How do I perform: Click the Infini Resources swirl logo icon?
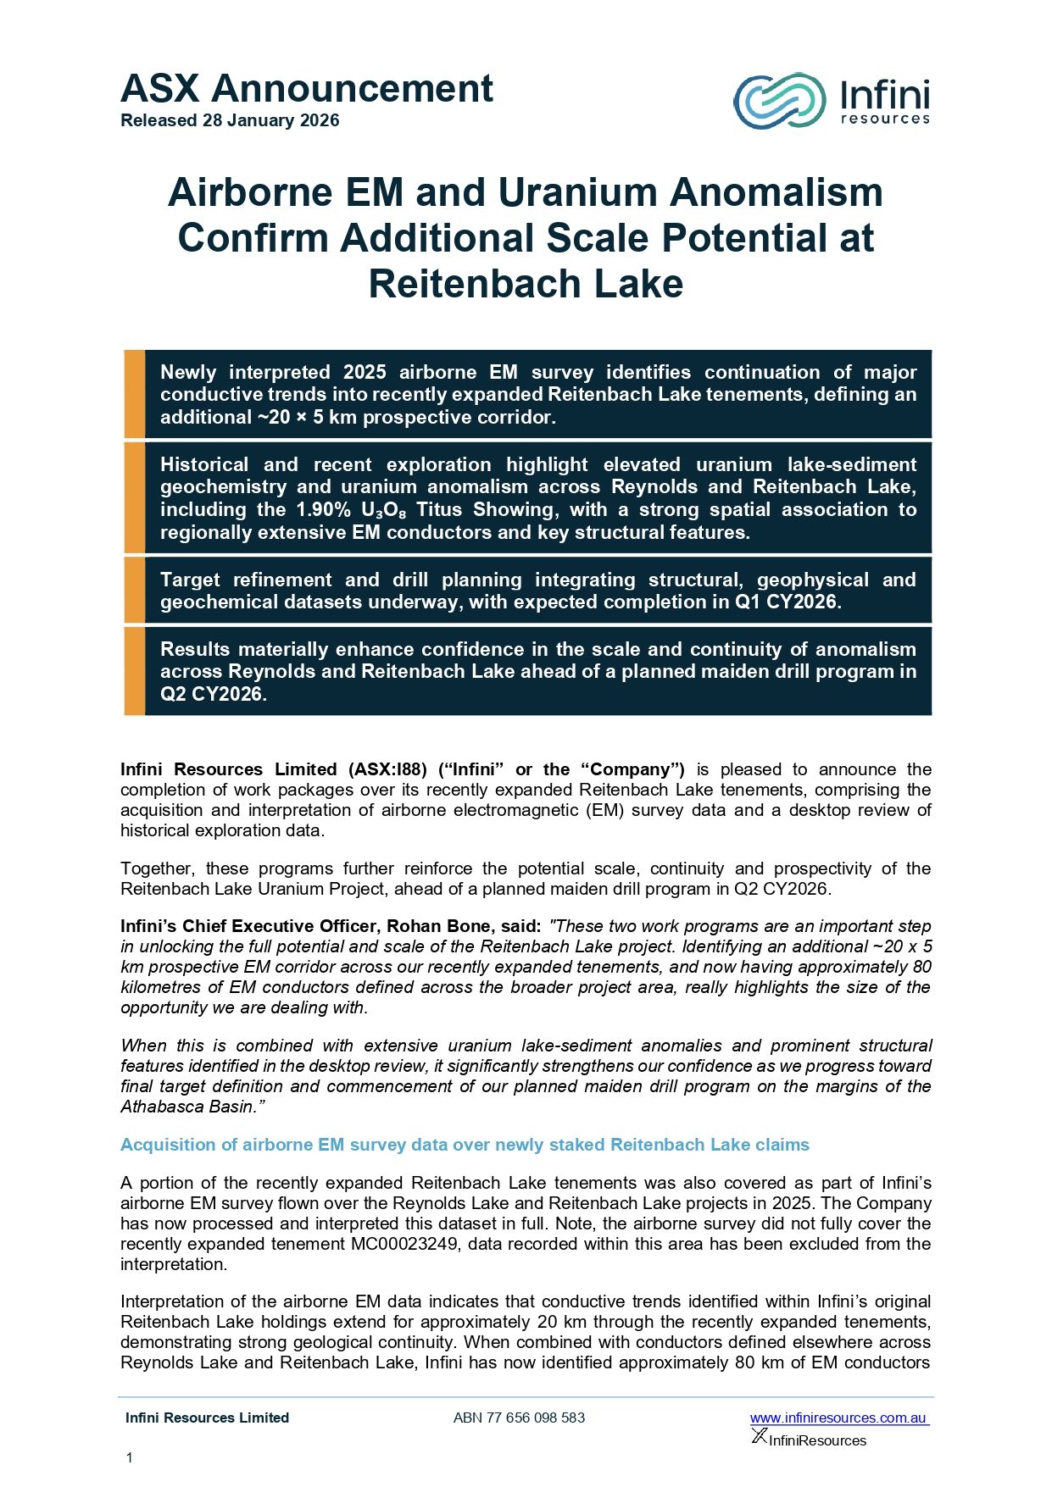tap(778, 101)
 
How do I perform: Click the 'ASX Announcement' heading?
tap(307, 88)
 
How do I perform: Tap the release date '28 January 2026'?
tap(270, 120)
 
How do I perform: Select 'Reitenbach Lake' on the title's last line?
tap(526, 283)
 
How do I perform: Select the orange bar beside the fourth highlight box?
tap(134, 671)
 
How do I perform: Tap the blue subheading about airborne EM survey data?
tap(465, 1145)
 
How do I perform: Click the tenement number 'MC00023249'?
tap(405, 1244)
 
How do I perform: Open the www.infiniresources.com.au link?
tap(838, 1418)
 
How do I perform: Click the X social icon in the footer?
tap(759, 1435)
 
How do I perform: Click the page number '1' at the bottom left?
tap(129, 1457)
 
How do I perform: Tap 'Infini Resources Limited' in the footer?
tap(207, 1418)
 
